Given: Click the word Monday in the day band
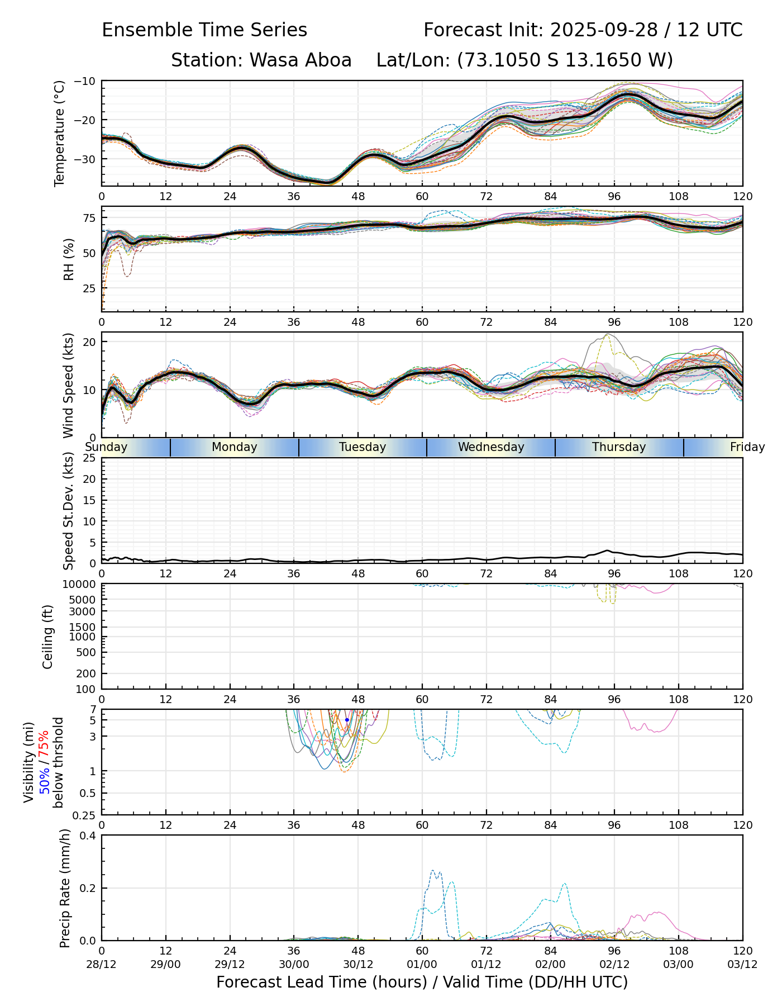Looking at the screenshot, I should click(235, 447).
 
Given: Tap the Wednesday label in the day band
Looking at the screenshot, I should click(491, 447).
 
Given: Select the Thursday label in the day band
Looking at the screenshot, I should click(619, 447).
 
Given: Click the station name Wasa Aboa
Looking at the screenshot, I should click(261, 60).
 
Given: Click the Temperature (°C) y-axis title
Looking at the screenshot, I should click(60, 133).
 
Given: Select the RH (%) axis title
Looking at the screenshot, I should click(69, 259).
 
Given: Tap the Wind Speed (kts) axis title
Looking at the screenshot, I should click(68, 385).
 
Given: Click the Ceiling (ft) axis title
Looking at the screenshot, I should click(48, 637).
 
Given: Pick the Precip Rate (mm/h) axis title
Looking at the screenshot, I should click(65, 888).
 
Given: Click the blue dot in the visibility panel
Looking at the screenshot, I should click(347, 720).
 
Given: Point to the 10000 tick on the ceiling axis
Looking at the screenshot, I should click(82, 585).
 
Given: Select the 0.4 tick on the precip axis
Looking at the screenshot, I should click(89, 836).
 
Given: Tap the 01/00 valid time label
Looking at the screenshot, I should click(422, 965).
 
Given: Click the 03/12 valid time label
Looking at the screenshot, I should click(742, 965).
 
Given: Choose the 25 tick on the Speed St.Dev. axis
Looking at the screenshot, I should click(89, 458).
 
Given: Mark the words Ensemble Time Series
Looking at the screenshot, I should click(204, 30).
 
